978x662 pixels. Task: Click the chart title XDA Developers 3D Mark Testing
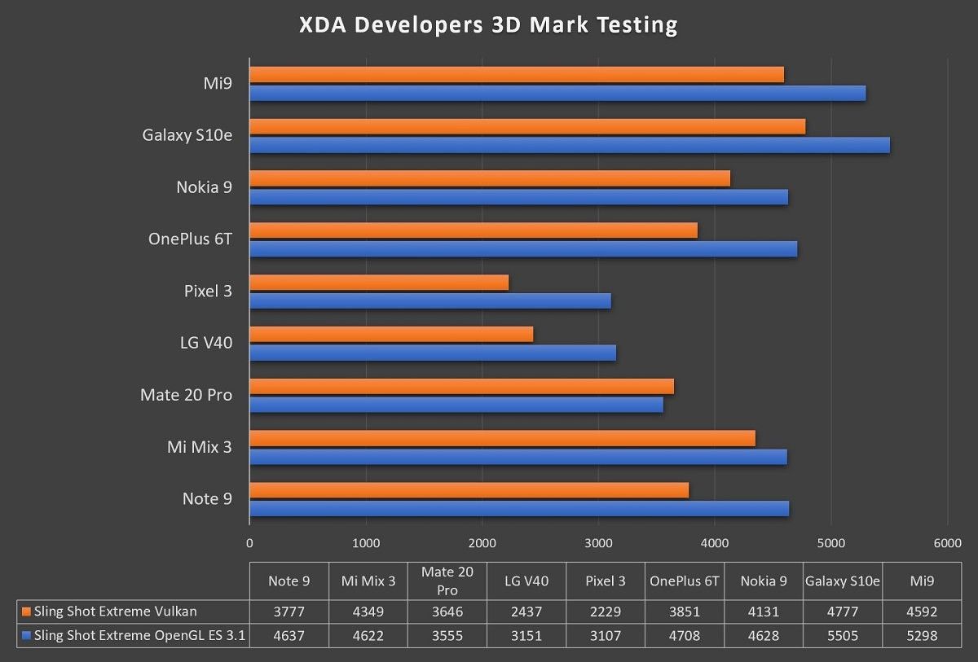click(x=488, y=25)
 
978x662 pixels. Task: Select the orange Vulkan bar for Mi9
click(x=516, y=75)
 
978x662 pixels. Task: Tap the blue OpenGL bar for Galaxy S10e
click(x=569, y=146)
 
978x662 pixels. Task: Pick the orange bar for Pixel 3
click(x=379, y=283)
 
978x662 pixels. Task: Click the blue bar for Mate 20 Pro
click(x=456, y=405)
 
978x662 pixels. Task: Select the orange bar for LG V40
click(x=391, y=334)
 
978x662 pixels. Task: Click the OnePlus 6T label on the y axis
click(x=190, y=239)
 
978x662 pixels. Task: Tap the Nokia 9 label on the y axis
click(x=204, y=187)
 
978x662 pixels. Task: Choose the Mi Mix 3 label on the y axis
click(x=199, y=446)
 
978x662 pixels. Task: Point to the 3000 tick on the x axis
click(x=598, y=543)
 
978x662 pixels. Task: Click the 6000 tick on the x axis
click(x=947, y=543)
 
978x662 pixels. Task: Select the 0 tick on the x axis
click(x=249, y=543)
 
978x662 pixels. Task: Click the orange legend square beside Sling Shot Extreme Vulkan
click(x=27, y=612)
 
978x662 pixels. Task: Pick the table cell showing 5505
click(x=843, y=636)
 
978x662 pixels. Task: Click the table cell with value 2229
click(x=606, y=612)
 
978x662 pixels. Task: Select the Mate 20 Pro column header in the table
click(x=447, y=581)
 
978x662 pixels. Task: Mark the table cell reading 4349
click(x=368, y=612)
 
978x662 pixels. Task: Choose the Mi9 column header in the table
click(x=922, y=581)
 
